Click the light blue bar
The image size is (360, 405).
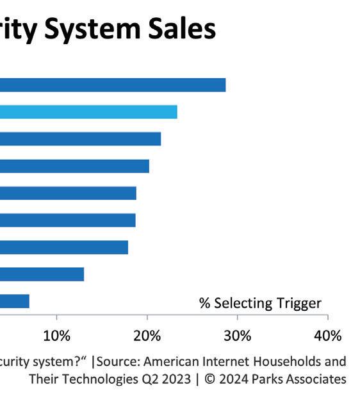(88, 112)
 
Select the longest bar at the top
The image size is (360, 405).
(113, 85)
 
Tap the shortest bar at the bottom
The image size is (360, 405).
(15, 301)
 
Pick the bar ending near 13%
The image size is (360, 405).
(42, 274)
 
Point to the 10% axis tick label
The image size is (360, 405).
(57, 336)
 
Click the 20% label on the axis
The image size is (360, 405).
(147, 336)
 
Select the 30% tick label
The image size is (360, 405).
(238, 336)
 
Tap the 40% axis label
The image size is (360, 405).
(328, 336)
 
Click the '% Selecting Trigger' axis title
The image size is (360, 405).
(260, 303)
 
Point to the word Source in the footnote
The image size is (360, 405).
(119, 361)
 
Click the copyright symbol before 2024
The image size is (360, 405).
(210, 379)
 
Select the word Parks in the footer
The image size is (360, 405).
(267, 379)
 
